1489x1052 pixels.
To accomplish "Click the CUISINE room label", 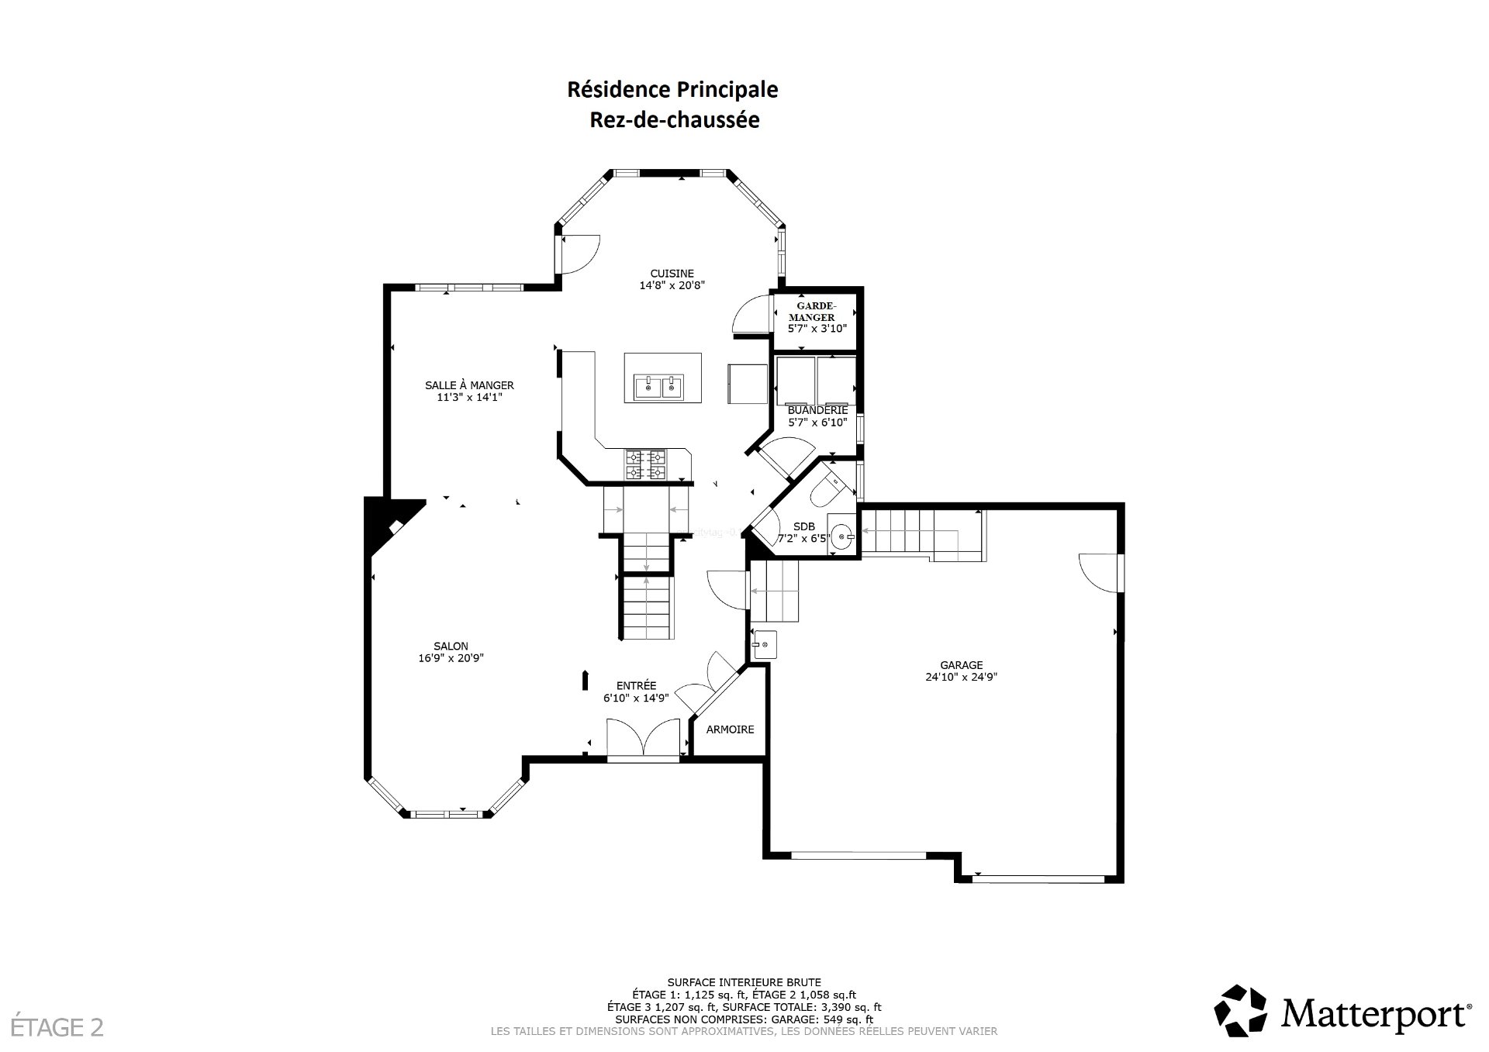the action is pyautogui.click(x=672, y=273).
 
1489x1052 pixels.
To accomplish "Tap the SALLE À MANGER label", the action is pyautogui.click(x=469, y=385).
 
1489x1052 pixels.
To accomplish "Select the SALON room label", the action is pyautogui.click(x=451, y=647).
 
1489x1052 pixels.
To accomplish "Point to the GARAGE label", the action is pyautogui.click(x=962, y=665).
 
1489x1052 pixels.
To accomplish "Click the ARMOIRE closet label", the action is pyautogui.click(x=730, y=730).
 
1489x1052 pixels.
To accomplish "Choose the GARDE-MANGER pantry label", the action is pyautogui.click(x=812, y=311).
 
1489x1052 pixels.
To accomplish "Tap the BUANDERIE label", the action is pyautogui.click(x=817, y=410).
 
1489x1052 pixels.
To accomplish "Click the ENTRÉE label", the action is pyautogui.click(x=636, y=686).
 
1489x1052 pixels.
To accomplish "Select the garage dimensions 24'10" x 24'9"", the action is pyautogui.click(x=962, y=677).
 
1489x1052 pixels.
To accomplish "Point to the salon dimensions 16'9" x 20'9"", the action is pyautogui.click(x=451, y=658).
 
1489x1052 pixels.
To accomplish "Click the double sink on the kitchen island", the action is pyautogui.click(x=659, y=385).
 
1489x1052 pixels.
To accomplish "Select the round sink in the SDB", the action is pyautogui.click(x=843, y=536).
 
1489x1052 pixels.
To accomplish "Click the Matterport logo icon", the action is pyautogui.click(x=1240, y=1011).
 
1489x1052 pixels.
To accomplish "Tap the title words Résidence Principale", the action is pyautogui.click(x=672, y=90).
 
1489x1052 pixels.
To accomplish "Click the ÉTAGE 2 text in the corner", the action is pyautogui.click(x=52, y=1028).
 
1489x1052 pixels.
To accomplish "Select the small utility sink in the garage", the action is pyautogui.click(x=765, y=645).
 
